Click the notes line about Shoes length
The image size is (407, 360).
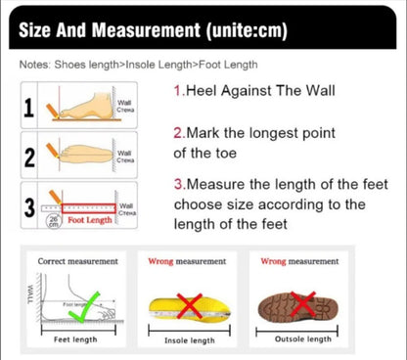(x=138, y=66)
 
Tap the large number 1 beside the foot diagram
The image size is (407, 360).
(x=29, y=107)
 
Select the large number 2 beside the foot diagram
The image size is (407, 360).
(x=29, y=157)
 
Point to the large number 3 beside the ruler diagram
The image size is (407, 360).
(x=29, y=208)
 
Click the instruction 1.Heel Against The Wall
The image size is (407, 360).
(x=253, y=91)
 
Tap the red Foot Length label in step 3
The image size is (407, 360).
(x=90, y=221)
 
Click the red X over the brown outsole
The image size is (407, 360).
(x=302, y=304)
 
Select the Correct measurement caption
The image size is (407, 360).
(x=77, y=261)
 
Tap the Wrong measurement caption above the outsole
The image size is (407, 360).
(x=301, y=261)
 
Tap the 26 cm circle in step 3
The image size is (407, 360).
(x=54, y=221)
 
